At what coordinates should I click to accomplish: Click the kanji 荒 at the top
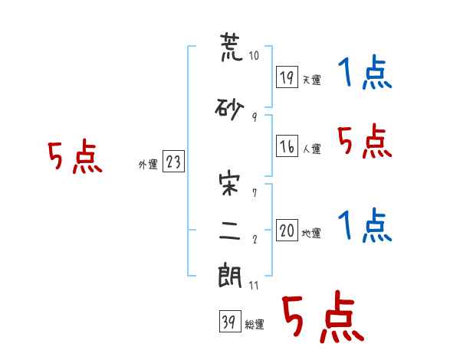point(232,47)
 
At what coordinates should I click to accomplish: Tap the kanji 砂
point(229,109)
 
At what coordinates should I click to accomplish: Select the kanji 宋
point(229,185)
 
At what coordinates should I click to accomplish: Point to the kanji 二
point(230,231)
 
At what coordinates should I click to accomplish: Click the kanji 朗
point(230,277)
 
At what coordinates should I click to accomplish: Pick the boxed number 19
point(287,77)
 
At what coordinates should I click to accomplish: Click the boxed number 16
point(287,146)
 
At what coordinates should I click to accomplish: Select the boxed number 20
point(287,230)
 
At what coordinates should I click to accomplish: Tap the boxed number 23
point(173,162)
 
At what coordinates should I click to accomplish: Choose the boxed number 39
point(230,321)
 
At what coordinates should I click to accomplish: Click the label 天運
point(311,80)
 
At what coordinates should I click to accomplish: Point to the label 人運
point(311,149)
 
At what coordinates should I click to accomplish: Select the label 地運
point(311,234)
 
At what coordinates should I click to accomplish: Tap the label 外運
point(148,165)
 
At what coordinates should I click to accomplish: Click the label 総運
point(255,325)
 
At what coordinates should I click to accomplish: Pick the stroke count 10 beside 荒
point(254,55)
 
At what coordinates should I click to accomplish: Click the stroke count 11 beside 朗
point(254,285)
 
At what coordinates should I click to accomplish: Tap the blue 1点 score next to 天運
point(365,72)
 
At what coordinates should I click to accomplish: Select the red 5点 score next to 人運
point(365,141)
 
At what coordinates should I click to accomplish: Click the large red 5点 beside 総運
point(323,316)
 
